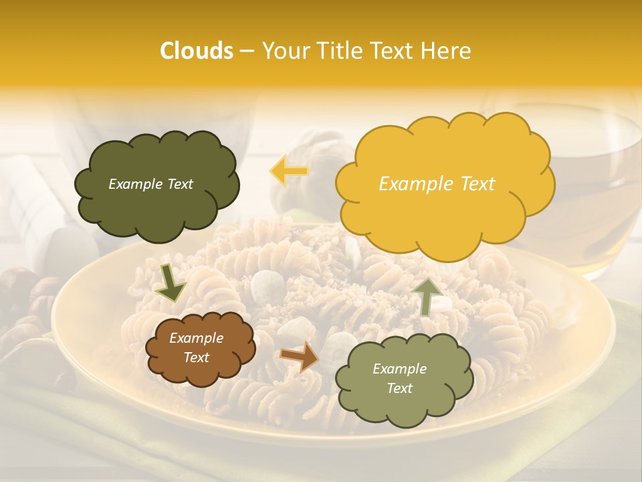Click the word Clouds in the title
tap(196, 51)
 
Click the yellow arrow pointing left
tap(289, 171)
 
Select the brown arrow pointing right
tap(300, 356)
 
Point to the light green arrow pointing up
tap(427, 296)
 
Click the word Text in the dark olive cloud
tap(179, 184)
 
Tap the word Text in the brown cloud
tap(196, 357)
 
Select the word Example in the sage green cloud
tap(399, 369)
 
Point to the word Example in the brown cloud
tap(196, 338)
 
